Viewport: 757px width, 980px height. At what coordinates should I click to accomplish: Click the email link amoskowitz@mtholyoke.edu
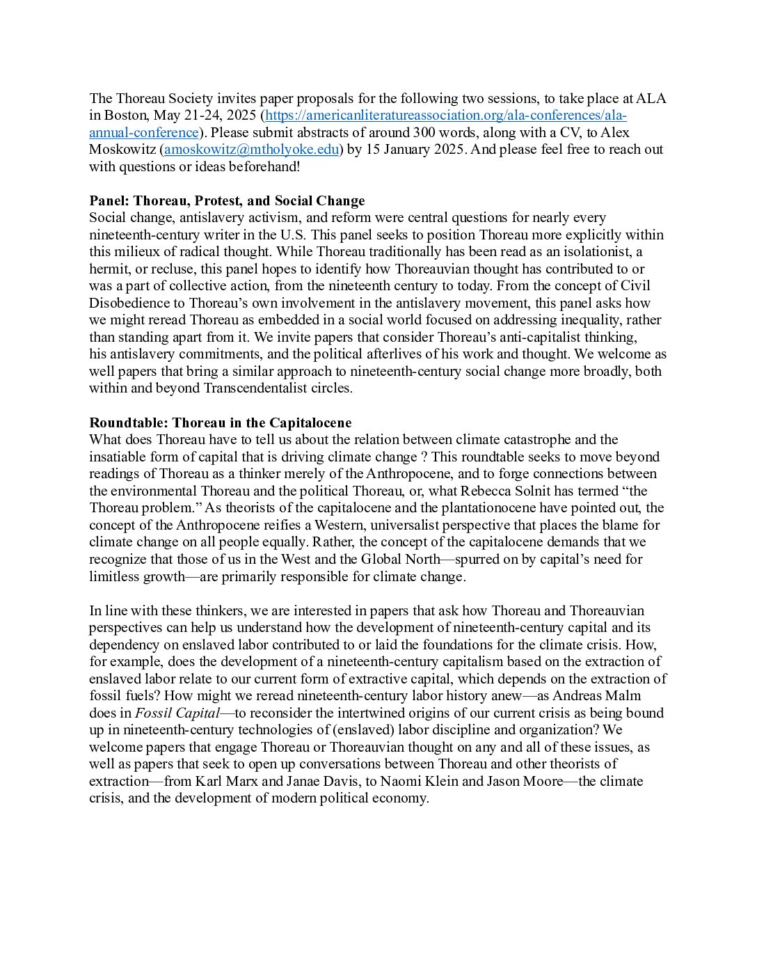pyautogui.click(x=251, y=150)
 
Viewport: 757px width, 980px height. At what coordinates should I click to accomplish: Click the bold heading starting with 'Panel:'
pyautogui.click(x=227, y=201)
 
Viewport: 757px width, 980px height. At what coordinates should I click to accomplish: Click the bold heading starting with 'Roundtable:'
pyautogui.click(x=220, y=423)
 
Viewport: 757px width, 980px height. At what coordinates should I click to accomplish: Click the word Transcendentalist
pyautogui.click(x=245, y=388)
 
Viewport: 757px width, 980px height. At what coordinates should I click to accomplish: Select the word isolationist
pyautogui.click(x=593, y=252)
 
